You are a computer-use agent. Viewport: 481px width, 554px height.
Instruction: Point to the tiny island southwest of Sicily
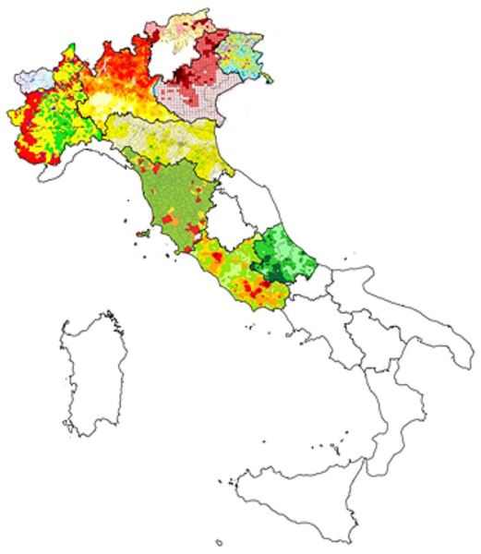click(x=219, y=543)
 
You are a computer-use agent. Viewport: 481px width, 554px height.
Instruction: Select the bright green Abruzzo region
click(x=286, y=254)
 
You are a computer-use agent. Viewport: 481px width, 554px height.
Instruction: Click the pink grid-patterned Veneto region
click(x=198, y=92)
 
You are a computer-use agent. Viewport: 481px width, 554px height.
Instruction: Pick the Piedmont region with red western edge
click(x=46, y=120)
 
